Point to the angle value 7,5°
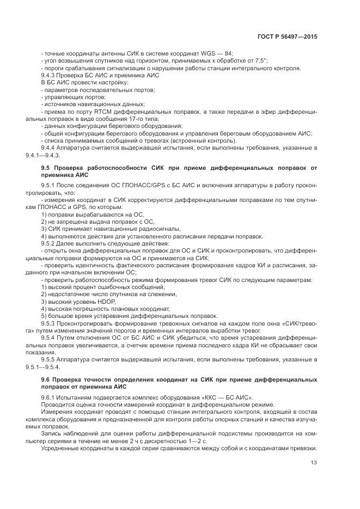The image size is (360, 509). tap(260, 61)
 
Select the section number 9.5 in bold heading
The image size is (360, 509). tap(46, 169)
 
